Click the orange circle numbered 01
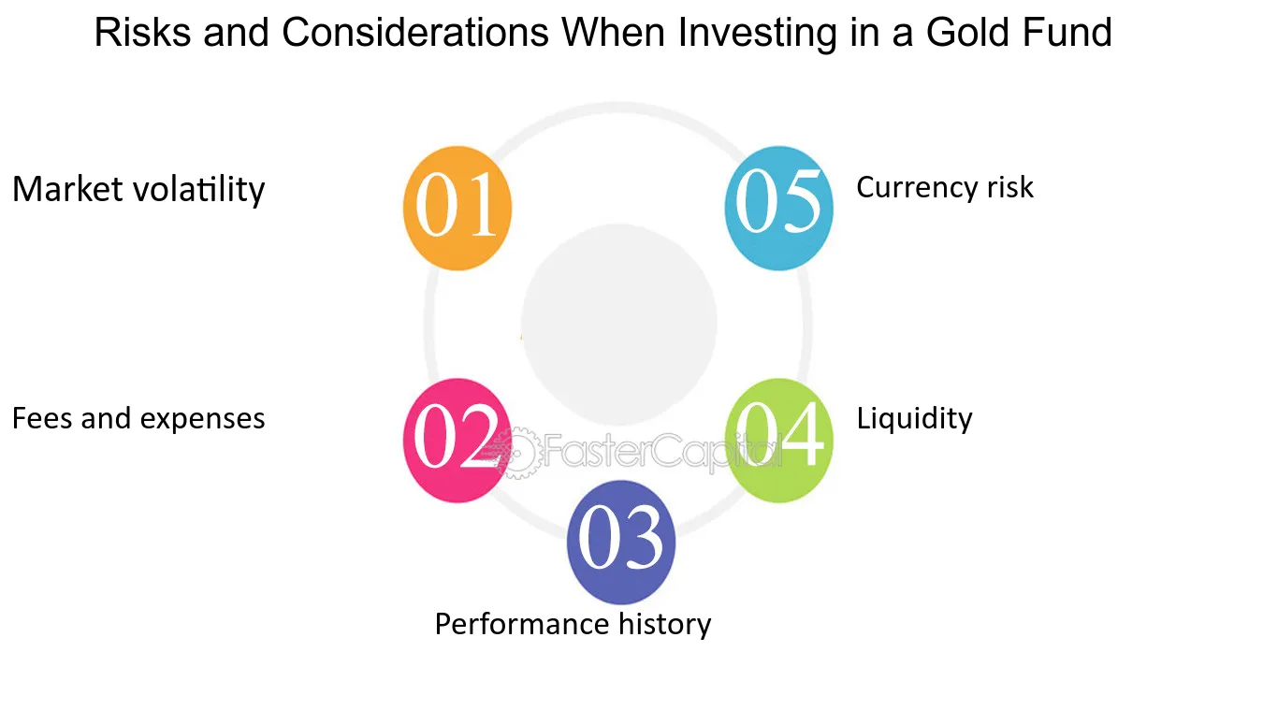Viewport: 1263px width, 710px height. (457, 208)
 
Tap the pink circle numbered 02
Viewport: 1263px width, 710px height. (457, 441)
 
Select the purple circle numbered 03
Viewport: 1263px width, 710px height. (621, 543)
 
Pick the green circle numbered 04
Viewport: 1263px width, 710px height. (778, 441)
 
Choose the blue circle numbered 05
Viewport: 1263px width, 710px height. (778, 208)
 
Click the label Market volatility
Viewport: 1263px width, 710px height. (138, 190)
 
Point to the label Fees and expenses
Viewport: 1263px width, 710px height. (138, 419)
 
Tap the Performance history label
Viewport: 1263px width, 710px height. (573, 625)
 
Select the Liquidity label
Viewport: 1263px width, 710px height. (915, 419)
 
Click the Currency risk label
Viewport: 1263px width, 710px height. (945, 188)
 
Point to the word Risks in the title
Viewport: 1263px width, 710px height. (142, 32)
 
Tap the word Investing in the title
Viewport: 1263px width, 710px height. (758, 34)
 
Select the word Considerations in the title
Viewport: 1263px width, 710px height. (415, 32)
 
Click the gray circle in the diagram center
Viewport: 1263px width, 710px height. (619, 325)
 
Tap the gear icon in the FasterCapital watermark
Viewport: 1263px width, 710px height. (516, 453)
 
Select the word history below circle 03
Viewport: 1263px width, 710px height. (665, 625)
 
